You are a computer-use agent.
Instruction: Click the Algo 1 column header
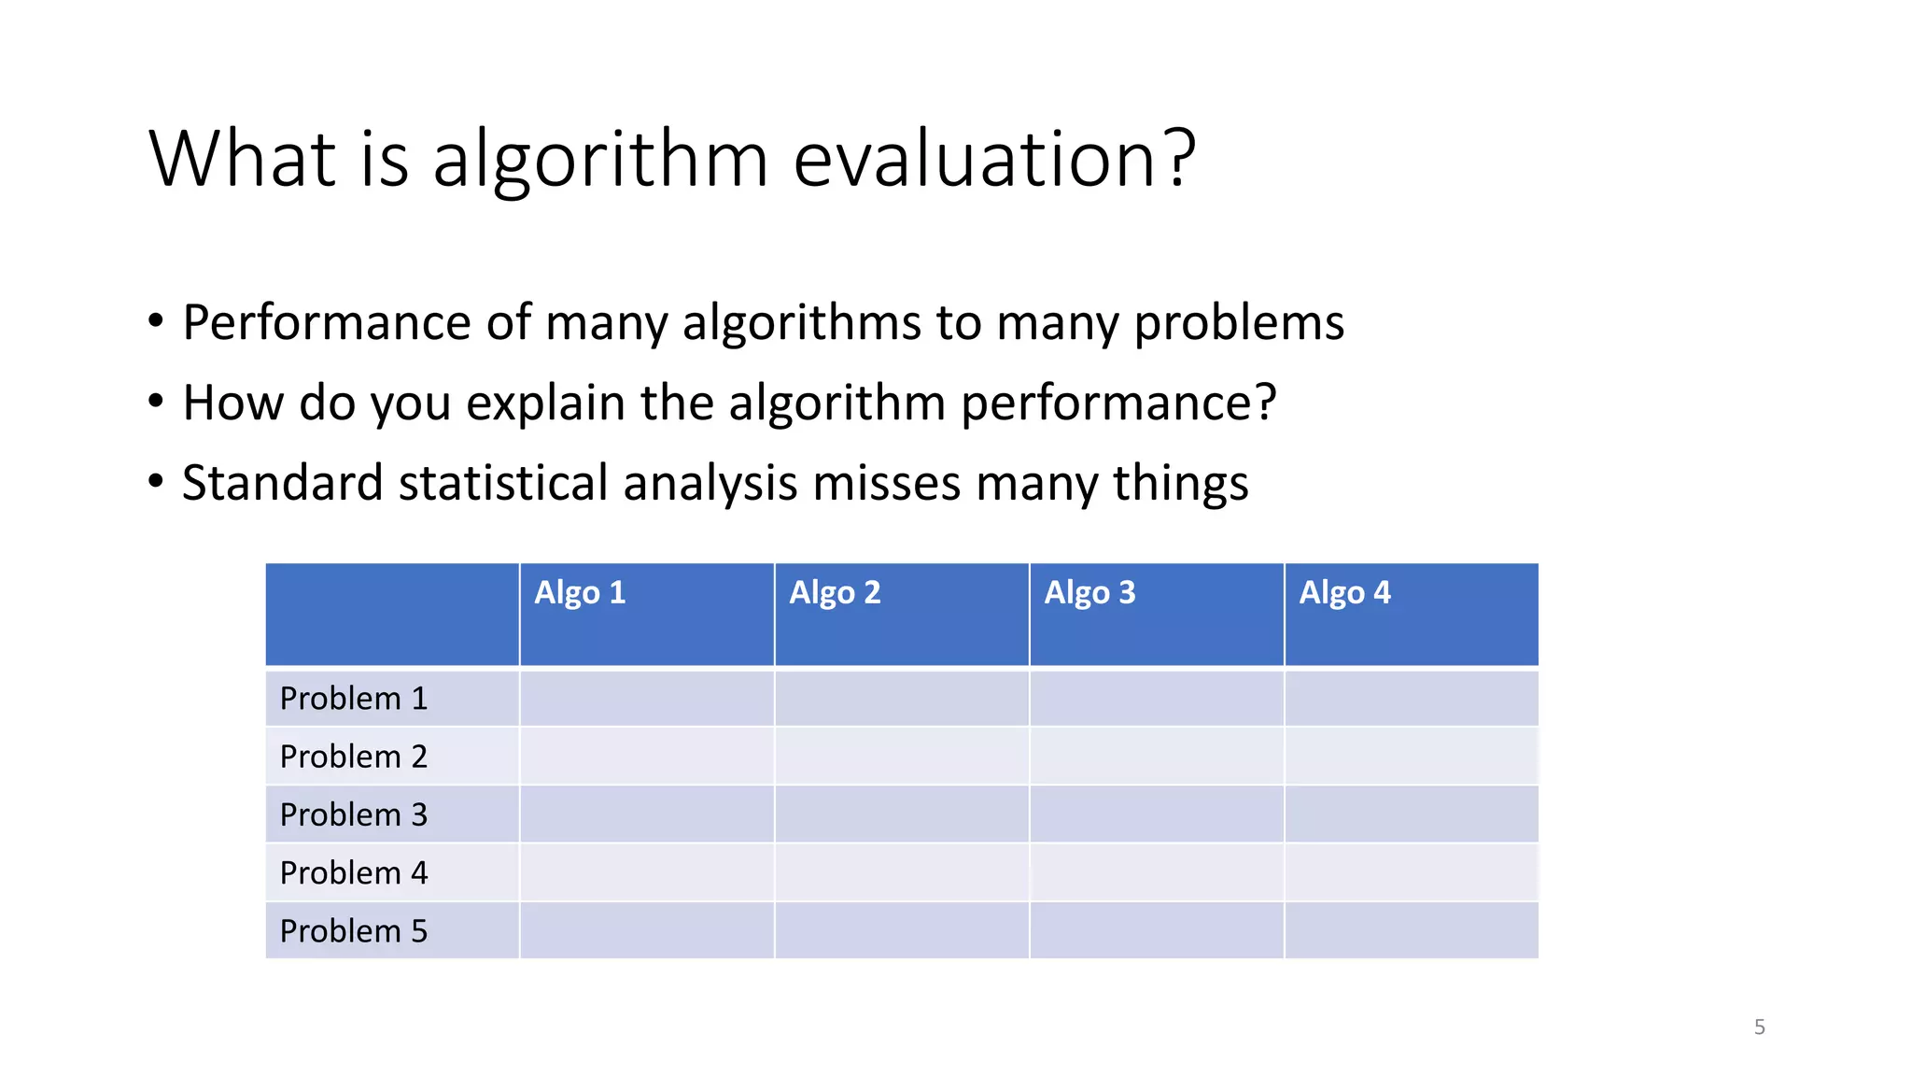click(x=580, y=593)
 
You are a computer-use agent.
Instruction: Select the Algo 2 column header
click(x=835, y=593)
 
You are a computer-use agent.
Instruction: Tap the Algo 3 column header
click(x=1090, y=593)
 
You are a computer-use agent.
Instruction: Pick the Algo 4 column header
click(x=1344, y=593)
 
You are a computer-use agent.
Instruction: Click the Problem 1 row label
click(x=354, y=699)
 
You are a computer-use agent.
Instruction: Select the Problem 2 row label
click(x=354, y=757)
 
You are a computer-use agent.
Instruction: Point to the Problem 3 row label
click(x=354, y=814)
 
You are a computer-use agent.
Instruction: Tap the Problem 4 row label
click(x=354, y=873)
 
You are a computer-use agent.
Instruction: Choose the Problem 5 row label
click(x=354, y=931)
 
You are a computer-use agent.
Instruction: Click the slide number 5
click(x=1759, y=1027)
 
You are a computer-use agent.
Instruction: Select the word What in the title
click(x=242, y=159)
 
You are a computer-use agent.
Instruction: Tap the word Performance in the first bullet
click(x=327, y=323)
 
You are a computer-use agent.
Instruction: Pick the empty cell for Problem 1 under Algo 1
click(x=646, y=699)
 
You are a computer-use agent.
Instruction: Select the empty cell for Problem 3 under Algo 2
click(x=902, y=814)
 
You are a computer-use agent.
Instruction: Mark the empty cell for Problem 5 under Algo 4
click(x=1412, y=931)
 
